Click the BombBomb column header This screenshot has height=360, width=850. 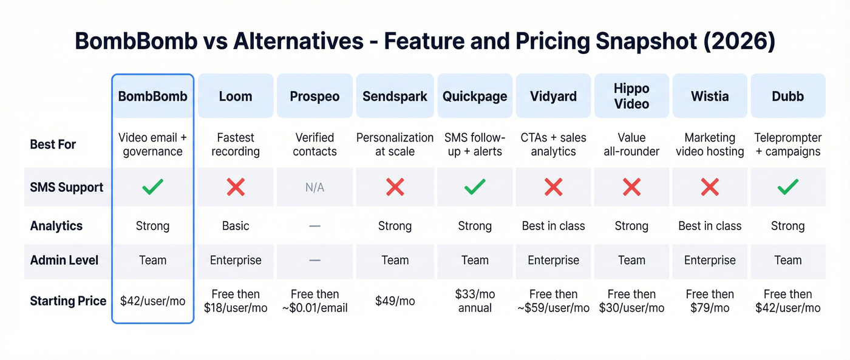point(152,96)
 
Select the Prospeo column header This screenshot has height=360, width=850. point(314,96)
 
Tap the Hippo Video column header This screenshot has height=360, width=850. point(631,96)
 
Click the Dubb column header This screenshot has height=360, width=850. point(787,96)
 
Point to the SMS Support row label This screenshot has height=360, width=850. point(67,188)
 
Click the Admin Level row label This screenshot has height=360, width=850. point(64,260)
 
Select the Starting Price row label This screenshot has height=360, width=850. point(68,301)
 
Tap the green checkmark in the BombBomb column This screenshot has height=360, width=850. point(152,188)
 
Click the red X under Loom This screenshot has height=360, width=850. point(236,188)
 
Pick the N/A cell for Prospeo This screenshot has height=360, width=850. point(314,188)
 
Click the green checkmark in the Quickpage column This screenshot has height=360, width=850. point(475,188)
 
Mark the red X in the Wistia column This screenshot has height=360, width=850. point(710,188)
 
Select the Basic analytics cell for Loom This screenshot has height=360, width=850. point(236,226)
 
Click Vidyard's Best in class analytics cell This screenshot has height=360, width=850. point(553,226)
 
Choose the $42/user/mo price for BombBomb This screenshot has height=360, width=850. point(152,301)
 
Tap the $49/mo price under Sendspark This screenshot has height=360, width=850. point(395,301)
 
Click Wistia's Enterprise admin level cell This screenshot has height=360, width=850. point(710,260)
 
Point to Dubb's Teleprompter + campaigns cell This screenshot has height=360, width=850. point(787,144)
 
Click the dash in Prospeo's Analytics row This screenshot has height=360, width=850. point(314,226)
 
